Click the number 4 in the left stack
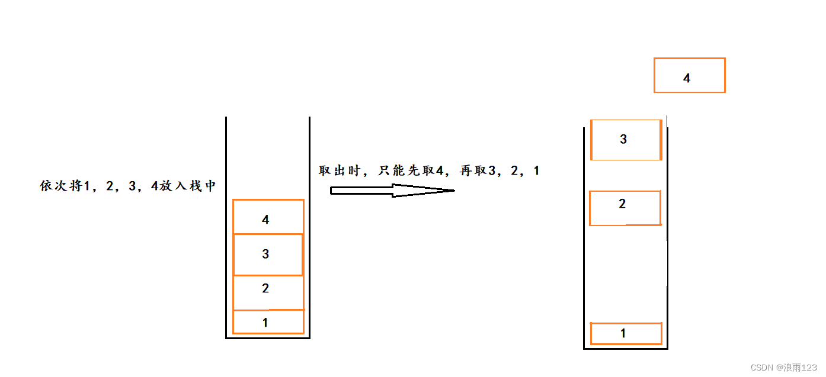(x=265, y=220)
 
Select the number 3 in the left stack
(x=265, y=254)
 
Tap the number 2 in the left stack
(x=265, y=288)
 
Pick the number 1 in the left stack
(x=265, y=323)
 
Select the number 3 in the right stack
(x=623, y=139)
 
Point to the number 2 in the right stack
(x=622, y=204)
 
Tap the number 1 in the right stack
(x=623, y=333)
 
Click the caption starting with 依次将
(x=127, y=186)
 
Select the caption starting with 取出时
(x=428, y=170)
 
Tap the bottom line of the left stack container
(x=268, y=338)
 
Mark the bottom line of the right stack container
(x=626, y=349)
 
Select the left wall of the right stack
(x=584, y=249)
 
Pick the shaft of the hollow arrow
(x=361, y=190)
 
